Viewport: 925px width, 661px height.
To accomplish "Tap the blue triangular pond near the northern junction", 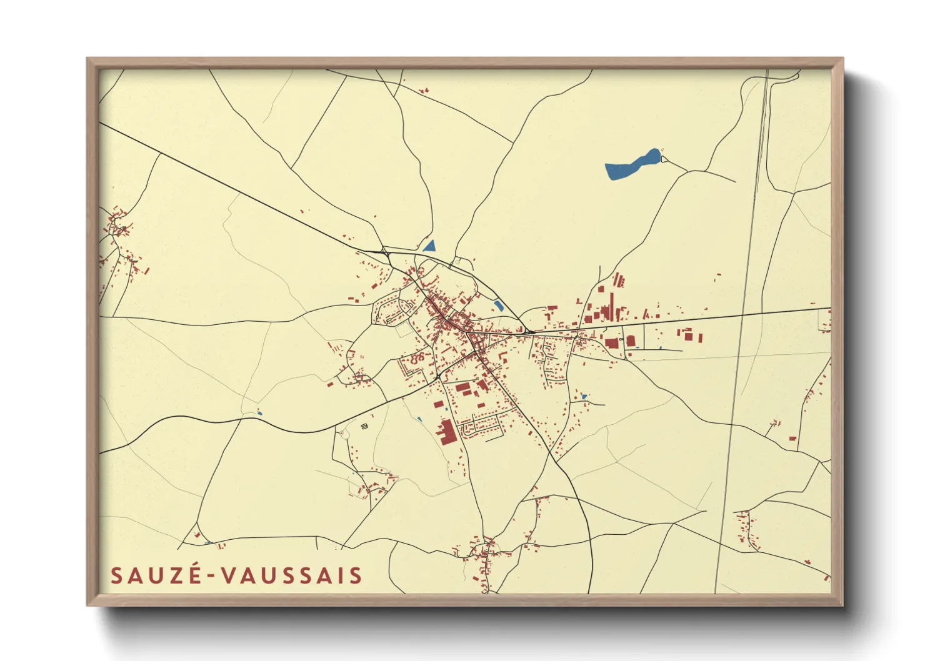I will coord(430,246).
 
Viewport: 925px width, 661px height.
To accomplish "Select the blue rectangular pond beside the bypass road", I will coord(499,306).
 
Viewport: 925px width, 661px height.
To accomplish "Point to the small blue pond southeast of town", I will coord(584,396).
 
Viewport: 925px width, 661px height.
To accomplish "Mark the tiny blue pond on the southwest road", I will coord(259,413).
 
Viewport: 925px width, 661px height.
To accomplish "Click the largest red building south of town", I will coord(447,432).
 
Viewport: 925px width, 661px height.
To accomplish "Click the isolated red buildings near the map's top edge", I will coord(424,91).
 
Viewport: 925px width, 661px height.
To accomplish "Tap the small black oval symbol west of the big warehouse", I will coord(365,426).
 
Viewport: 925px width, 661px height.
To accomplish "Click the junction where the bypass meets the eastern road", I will coord(528,332).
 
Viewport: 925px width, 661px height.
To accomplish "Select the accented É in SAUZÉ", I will coord(194,574).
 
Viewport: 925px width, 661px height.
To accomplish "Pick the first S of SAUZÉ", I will coord(116,575).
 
